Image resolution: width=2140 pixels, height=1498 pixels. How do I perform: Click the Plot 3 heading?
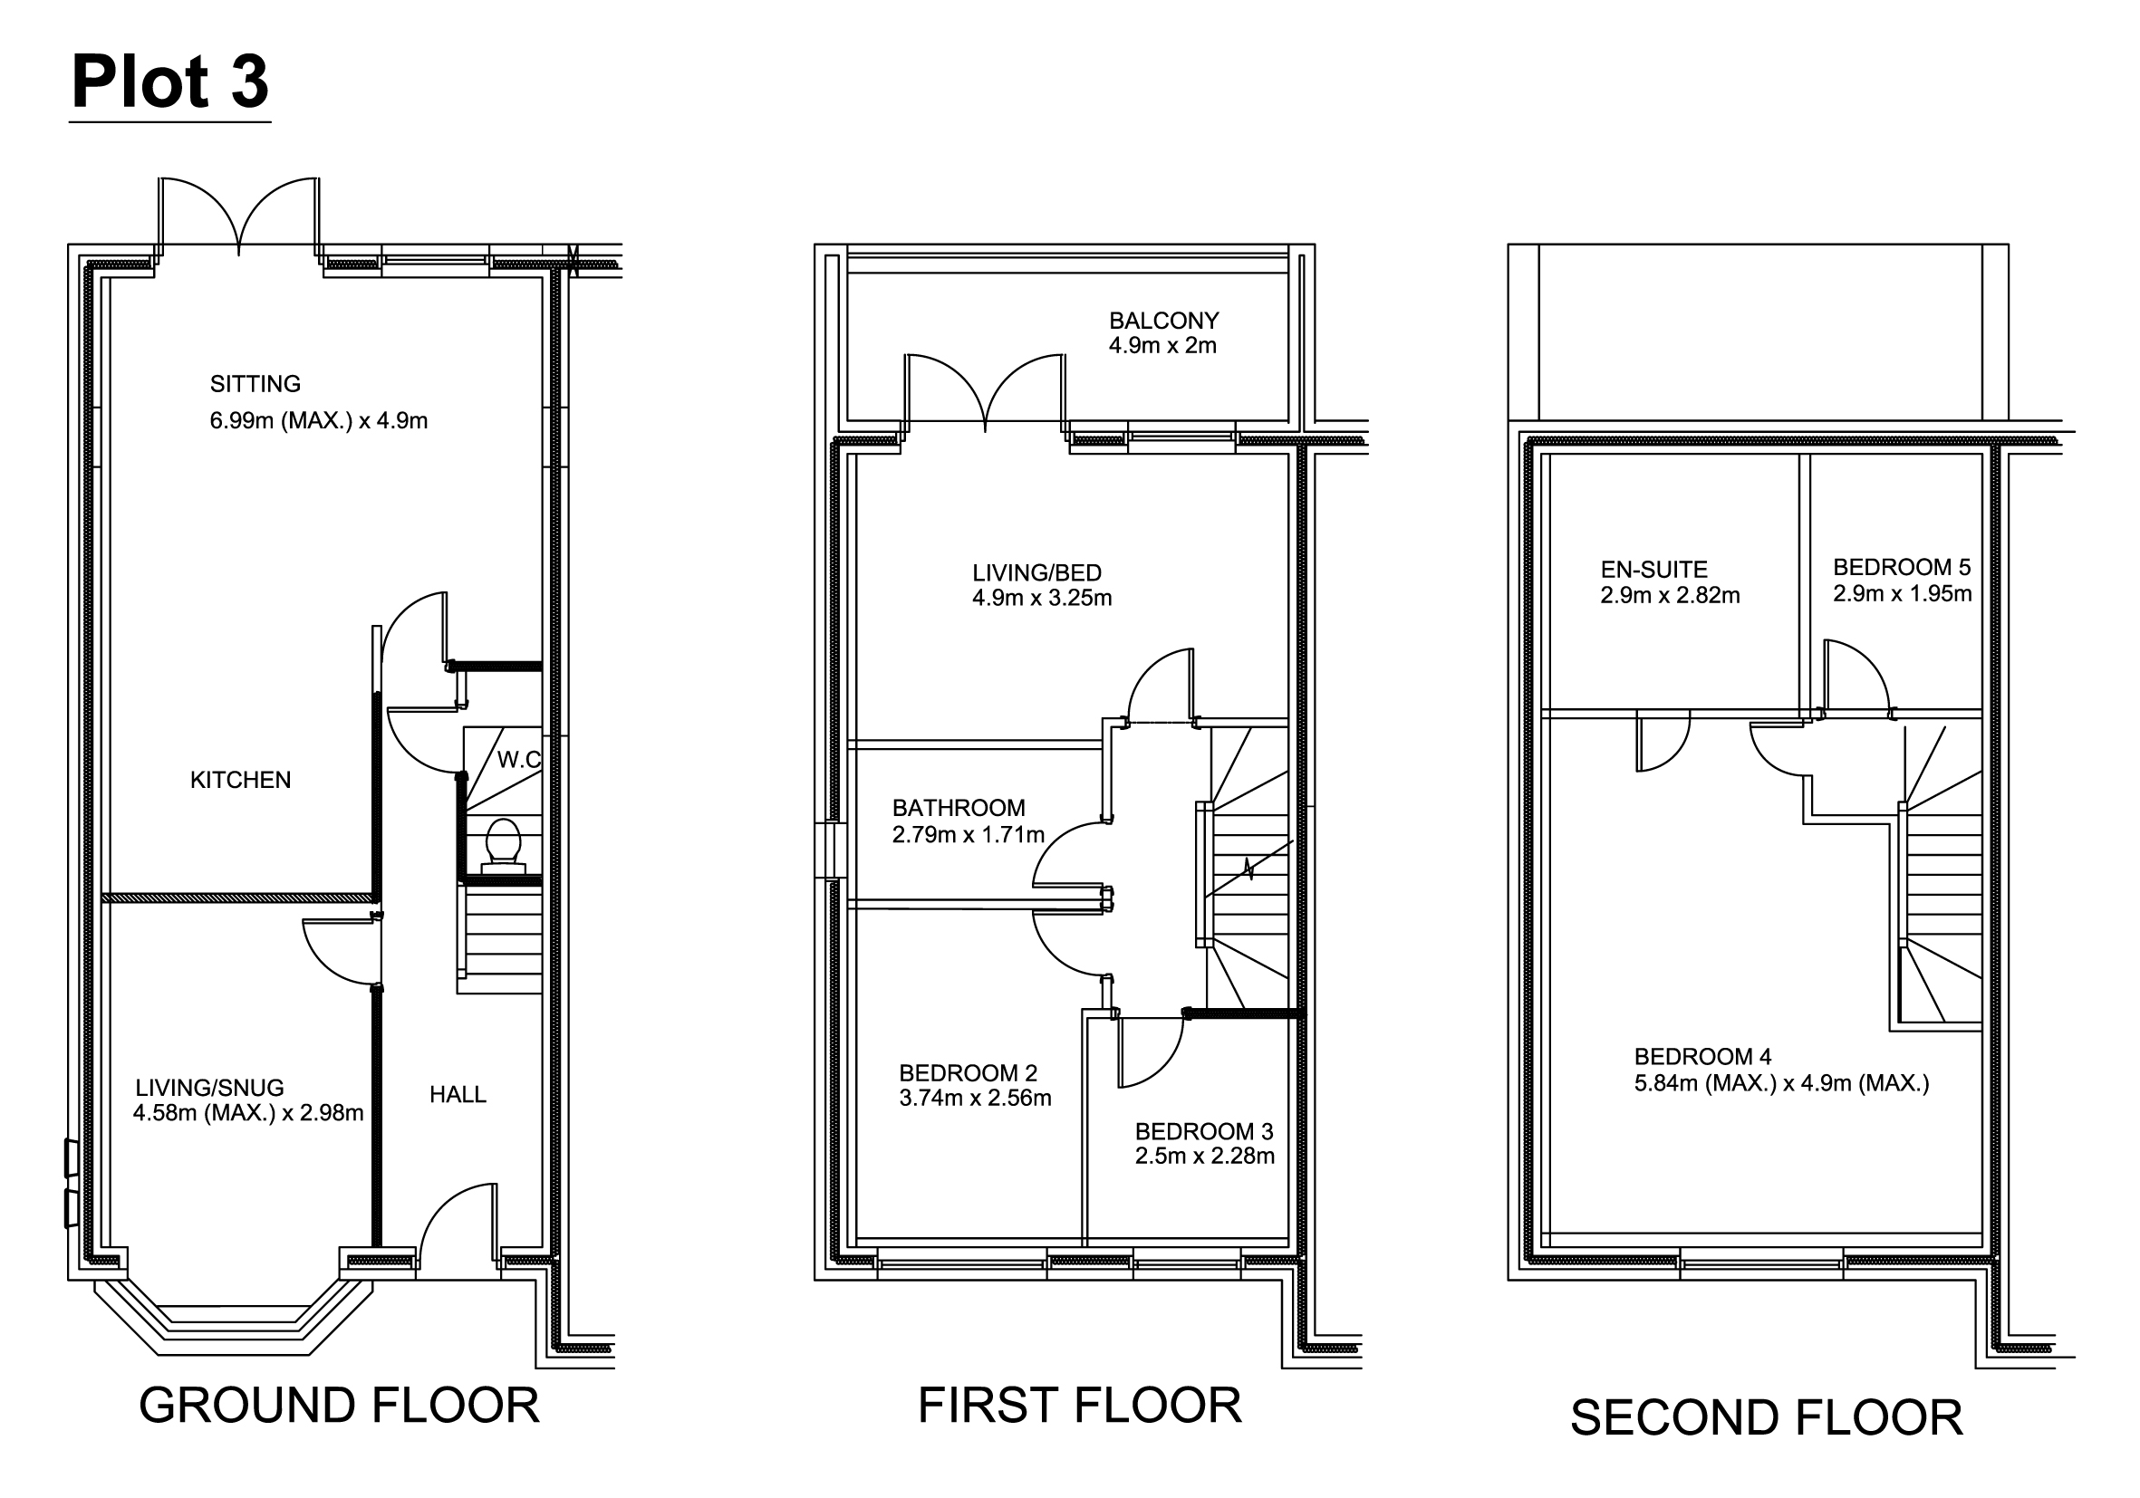170,82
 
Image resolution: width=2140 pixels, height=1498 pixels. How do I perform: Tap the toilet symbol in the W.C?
504,844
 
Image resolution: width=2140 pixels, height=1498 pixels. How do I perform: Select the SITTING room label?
255,384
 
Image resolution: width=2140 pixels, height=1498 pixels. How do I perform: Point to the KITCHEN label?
240,780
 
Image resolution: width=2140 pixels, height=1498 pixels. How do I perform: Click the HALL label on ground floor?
458,1094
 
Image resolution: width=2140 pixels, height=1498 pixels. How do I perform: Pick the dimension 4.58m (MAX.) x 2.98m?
248,1112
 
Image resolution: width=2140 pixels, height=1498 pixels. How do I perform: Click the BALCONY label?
1164,321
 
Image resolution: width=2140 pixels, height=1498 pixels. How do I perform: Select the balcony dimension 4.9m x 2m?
1162,346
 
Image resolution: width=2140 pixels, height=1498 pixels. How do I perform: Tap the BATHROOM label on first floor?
959,808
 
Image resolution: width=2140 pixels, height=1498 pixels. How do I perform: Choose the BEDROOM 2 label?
969,1073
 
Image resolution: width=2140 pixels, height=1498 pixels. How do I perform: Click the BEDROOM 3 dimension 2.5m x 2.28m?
1205,1157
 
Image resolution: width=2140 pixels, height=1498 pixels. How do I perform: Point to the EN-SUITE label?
1654,569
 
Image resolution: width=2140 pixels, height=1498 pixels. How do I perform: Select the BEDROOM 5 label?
1903,567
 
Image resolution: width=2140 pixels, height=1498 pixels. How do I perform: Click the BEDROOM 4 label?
1703,1056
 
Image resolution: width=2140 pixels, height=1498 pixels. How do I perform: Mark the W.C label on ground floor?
518,759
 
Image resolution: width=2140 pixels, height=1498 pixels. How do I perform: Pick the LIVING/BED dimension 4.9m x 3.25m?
1042,598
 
